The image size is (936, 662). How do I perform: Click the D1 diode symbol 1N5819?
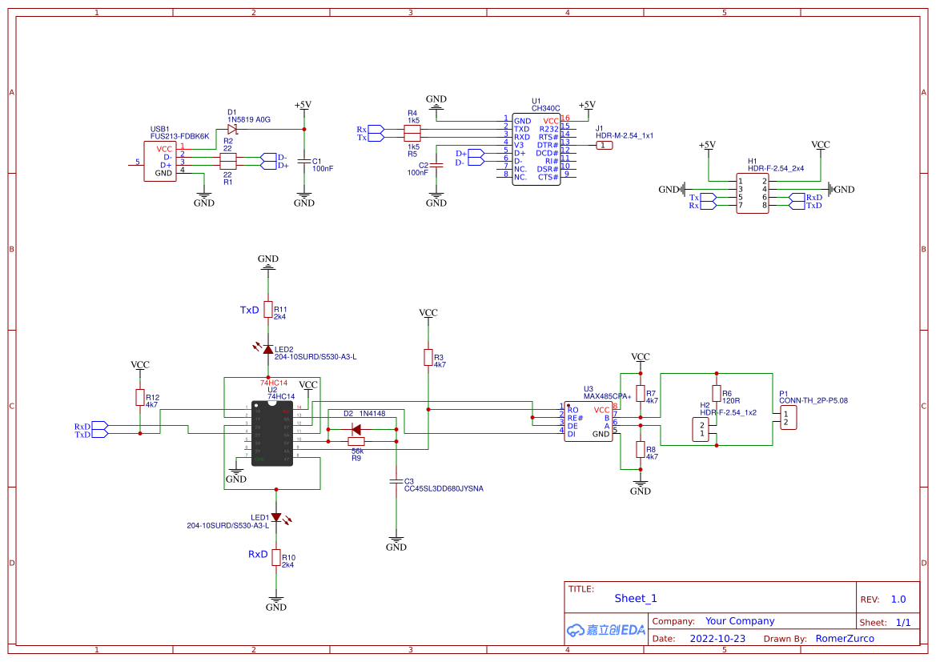point(232,129)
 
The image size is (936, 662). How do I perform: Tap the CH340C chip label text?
point(546,108)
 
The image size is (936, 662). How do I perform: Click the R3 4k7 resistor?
point(428,357)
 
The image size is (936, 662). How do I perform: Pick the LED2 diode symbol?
point(268,349)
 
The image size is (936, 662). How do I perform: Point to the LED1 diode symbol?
point(276,517)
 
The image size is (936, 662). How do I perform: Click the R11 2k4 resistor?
point(268,310)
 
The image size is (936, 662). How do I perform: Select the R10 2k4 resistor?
point(276,557)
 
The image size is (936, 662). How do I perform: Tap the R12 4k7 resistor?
point(140,397)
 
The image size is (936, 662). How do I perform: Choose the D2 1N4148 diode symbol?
point(356,429)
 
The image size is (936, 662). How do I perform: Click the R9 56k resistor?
point(356,441)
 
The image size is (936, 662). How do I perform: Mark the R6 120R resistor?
point(717,393)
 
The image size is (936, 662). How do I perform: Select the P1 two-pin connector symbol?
point(789,417)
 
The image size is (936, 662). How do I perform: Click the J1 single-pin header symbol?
point(604,145)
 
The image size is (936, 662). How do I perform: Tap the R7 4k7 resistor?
point(641,397)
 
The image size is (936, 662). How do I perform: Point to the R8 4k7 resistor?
point(641,449)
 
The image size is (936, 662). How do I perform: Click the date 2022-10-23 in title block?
point(717,639)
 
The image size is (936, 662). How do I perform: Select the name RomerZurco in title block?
point(845,639)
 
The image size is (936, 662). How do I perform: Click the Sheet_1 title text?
point(636,598)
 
